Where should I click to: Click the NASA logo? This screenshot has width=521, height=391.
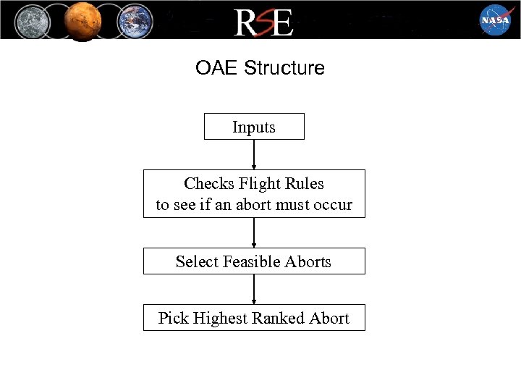496,20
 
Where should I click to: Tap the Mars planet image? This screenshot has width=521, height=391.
84,20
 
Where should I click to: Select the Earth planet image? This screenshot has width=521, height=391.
135,20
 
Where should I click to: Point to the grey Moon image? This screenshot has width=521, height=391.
33,20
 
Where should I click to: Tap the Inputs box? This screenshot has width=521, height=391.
254,127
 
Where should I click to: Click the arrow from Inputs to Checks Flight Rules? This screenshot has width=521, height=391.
254,154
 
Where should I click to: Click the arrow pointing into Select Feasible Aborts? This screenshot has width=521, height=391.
254,232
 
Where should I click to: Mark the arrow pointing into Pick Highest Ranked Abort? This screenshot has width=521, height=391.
254,289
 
